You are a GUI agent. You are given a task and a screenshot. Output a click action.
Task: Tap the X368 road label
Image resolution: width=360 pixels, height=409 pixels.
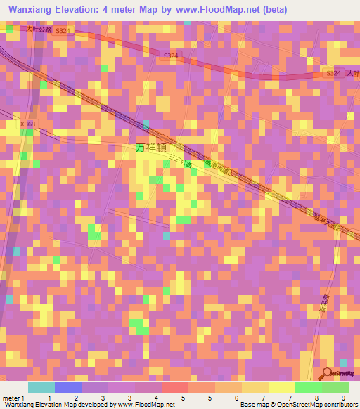tap(27, 124)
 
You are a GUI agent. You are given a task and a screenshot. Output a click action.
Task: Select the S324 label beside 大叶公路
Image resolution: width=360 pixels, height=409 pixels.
tap(63, 31)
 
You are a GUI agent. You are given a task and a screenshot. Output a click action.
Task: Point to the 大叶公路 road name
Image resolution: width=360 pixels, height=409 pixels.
tap(39, 30)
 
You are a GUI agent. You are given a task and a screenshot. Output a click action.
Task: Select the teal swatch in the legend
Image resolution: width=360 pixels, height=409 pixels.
tap(41, 387)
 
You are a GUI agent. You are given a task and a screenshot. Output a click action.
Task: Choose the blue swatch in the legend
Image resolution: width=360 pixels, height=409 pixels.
tap(68, 387)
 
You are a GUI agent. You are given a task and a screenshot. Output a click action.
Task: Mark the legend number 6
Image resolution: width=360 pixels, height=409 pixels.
tap(237, 398)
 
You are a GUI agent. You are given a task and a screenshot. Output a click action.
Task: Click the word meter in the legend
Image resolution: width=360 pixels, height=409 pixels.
tap(11, 398)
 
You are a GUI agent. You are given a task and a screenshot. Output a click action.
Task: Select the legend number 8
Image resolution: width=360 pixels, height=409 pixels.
tap(316, 398)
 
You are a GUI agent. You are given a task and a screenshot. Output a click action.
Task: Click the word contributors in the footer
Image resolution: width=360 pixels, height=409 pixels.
tap(339, 405)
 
